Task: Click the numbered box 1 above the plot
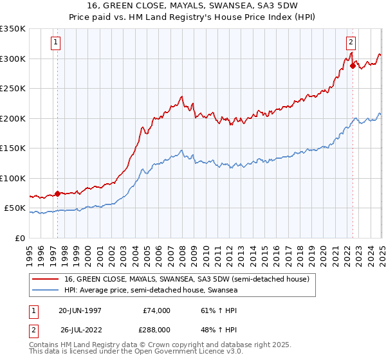(57, 43)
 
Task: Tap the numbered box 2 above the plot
(351, 43)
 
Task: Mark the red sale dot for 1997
(57, 194)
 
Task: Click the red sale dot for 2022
(353, 65)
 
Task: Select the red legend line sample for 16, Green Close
(46, 279)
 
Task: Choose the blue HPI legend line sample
(46, 291)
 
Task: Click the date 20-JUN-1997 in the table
(80, 310)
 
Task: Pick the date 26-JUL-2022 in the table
(80, 329)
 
